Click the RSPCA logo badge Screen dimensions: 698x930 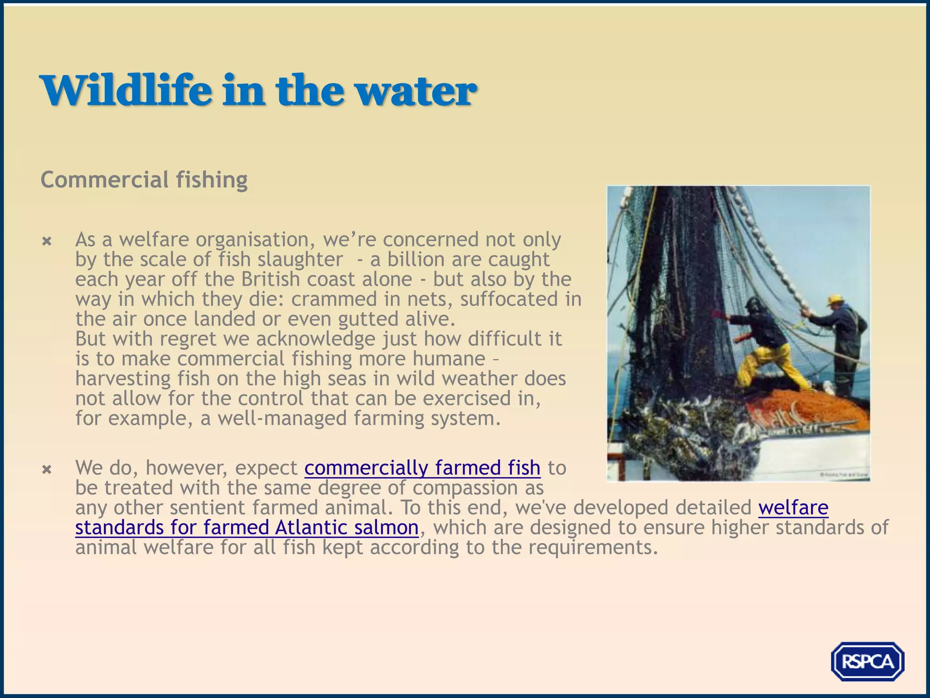pyautogui.click(x=867, y=661)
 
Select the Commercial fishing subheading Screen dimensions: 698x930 pyautogui.click(x=144, y=179)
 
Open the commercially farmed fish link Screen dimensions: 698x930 pyautogui.click(x=422, y=468)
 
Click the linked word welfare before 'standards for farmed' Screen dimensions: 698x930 pyautogui.click(x=793, y=508)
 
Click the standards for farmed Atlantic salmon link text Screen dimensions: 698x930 pyautogui.click(x=247, y=528)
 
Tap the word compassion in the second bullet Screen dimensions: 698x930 pyautogui.click(x=464, y=488)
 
